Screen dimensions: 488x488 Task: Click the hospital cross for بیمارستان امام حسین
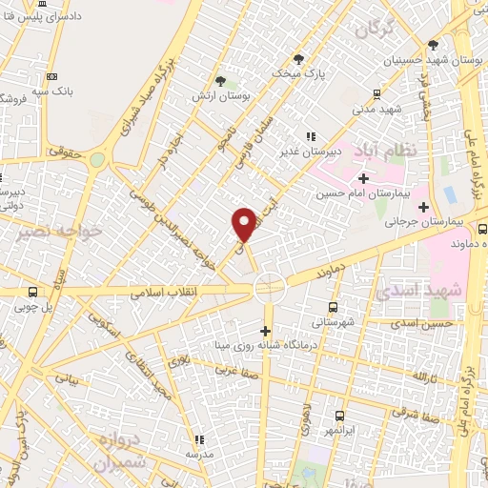coord(363,177)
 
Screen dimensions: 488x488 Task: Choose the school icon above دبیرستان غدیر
coord(310,136)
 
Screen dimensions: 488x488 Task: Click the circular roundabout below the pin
coord(269,286)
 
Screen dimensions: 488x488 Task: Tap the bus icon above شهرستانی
coord(333,307)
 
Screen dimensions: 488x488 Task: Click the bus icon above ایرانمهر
coord(340,416)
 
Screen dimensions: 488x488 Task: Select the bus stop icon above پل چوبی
coord(34,293)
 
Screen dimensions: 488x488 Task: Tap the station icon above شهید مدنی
coord(376,93)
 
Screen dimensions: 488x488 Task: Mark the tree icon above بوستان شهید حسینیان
coord(434,45)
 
